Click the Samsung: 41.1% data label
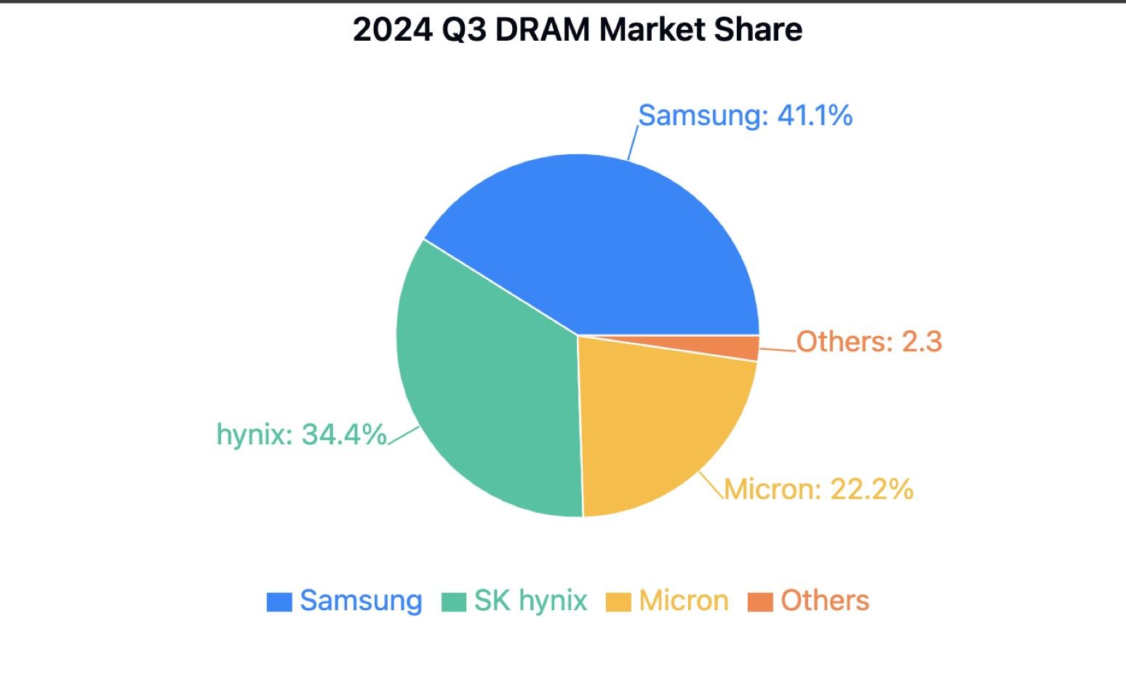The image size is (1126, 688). pos(745,116)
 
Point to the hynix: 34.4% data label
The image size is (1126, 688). pos(302,435)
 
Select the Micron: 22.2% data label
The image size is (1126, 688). pos(818,489)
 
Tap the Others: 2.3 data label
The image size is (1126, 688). pos(869,341)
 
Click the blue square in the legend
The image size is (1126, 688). pos(279,602)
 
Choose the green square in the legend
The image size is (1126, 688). pos(454,602)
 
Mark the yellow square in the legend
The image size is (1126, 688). pos(618,602)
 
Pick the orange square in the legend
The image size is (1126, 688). pos(760,602)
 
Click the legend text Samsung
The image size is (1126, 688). pos(361,601)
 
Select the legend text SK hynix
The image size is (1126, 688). pos(530,601)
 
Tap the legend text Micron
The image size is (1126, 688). pos(684,601)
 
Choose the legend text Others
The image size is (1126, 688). pos(825,601)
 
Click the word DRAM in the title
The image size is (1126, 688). pos(543,30)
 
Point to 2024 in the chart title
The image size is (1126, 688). pos(391,30)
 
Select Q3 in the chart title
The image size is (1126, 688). pos(463,30)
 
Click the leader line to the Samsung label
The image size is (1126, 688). pos(633,143)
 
